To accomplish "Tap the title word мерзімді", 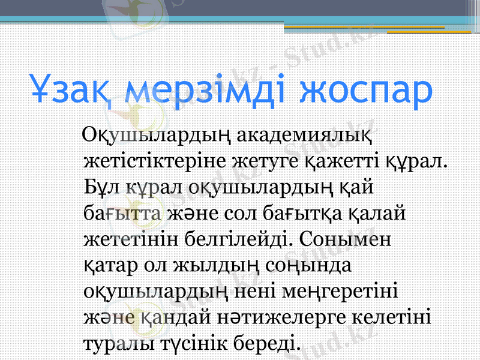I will coord(208,89).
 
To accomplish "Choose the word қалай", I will coord(379,212).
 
